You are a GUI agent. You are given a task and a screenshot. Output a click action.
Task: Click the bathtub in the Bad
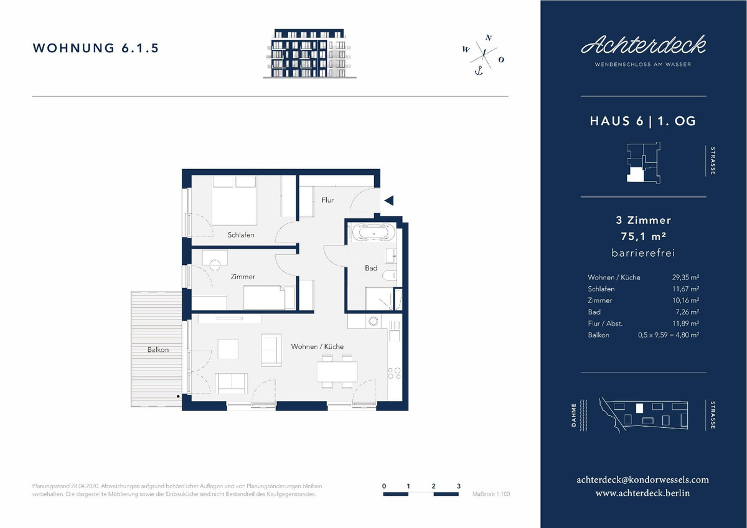pos(374,232)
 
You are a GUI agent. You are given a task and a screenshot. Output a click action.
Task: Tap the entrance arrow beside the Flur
pos(389,200)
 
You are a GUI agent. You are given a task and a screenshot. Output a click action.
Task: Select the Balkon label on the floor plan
pos(158,350)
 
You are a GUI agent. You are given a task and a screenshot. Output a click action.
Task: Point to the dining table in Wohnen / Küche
pos(337,371)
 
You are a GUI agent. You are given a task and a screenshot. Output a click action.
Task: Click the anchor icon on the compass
pos(479,71)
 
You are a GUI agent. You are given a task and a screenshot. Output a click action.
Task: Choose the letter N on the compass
pos(489,38)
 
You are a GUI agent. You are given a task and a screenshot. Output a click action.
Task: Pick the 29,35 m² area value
pos(685,277)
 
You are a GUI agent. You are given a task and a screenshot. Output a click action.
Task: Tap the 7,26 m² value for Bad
pos(688,312)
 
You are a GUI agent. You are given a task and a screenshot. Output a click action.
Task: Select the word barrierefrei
pos(643,253)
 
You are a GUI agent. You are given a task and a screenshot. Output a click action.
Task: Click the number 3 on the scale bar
pos(459,486)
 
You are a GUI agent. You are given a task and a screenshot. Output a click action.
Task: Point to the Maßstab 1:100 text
pos(491,494)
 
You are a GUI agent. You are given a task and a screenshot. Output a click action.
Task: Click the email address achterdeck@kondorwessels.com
pos(642,479)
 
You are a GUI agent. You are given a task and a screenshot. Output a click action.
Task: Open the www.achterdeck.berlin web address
pos(642,493)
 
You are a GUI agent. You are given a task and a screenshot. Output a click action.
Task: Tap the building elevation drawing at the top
pos(310,53)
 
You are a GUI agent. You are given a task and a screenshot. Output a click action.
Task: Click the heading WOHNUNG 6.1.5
pos(96,48)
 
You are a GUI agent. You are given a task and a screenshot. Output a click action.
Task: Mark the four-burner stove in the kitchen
pos(394,373)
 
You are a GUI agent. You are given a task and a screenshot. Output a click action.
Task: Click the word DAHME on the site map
pos(574,415)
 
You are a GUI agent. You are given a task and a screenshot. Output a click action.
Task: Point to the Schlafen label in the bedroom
pos(241,235)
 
